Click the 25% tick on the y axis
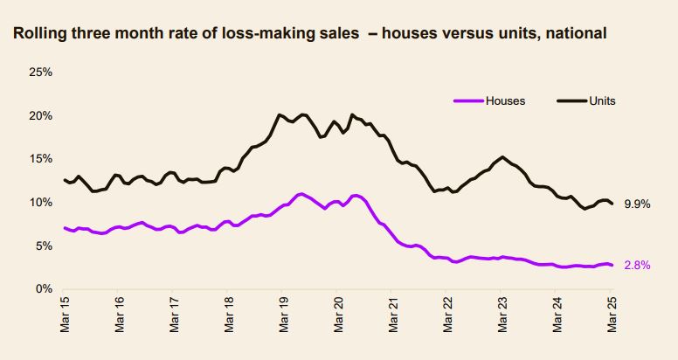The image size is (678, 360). click(x=41, y=72)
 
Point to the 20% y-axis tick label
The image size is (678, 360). click(x=41, y=115)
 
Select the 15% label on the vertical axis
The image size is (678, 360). click(x=41, y=159)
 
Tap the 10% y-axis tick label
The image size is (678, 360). click(x=41, y=202)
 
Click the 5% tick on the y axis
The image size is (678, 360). click(x=44, y=246)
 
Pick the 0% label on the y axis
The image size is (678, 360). click(x=44, y=289)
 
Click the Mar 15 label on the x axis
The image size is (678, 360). click(x=66, y=316)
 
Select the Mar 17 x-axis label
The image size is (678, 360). click(x=174, y=316)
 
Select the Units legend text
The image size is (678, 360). click(x=602, y=100)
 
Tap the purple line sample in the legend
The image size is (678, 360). click(x=468, y=100)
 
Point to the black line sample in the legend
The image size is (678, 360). click(x=570, y=100)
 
